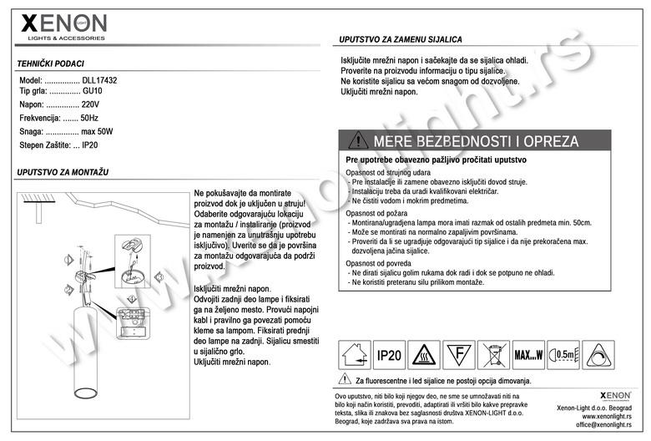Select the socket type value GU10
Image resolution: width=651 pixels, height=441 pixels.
[x=92, y=92]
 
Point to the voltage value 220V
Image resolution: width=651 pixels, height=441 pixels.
[x=90, y=105]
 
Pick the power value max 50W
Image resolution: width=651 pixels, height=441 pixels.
[x=97, y=132]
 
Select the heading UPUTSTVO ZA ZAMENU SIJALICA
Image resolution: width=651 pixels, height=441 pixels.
[x=401, y=39]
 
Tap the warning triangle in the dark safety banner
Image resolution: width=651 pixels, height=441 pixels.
[x=358, y=140]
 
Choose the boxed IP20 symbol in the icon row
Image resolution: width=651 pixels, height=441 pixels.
[x=388, y=355]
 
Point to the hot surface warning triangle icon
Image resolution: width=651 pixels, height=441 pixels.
[x=425, y=355]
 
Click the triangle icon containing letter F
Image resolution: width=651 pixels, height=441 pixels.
[x=459, y=355]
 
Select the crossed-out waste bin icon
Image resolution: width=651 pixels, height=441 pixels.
[x=494, y=355]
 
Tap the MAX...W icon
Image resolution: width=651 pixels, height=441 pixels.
[x=529, y=355]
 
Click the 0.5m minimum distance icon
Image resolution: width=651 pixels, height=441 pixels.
[x=565, y=355]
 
